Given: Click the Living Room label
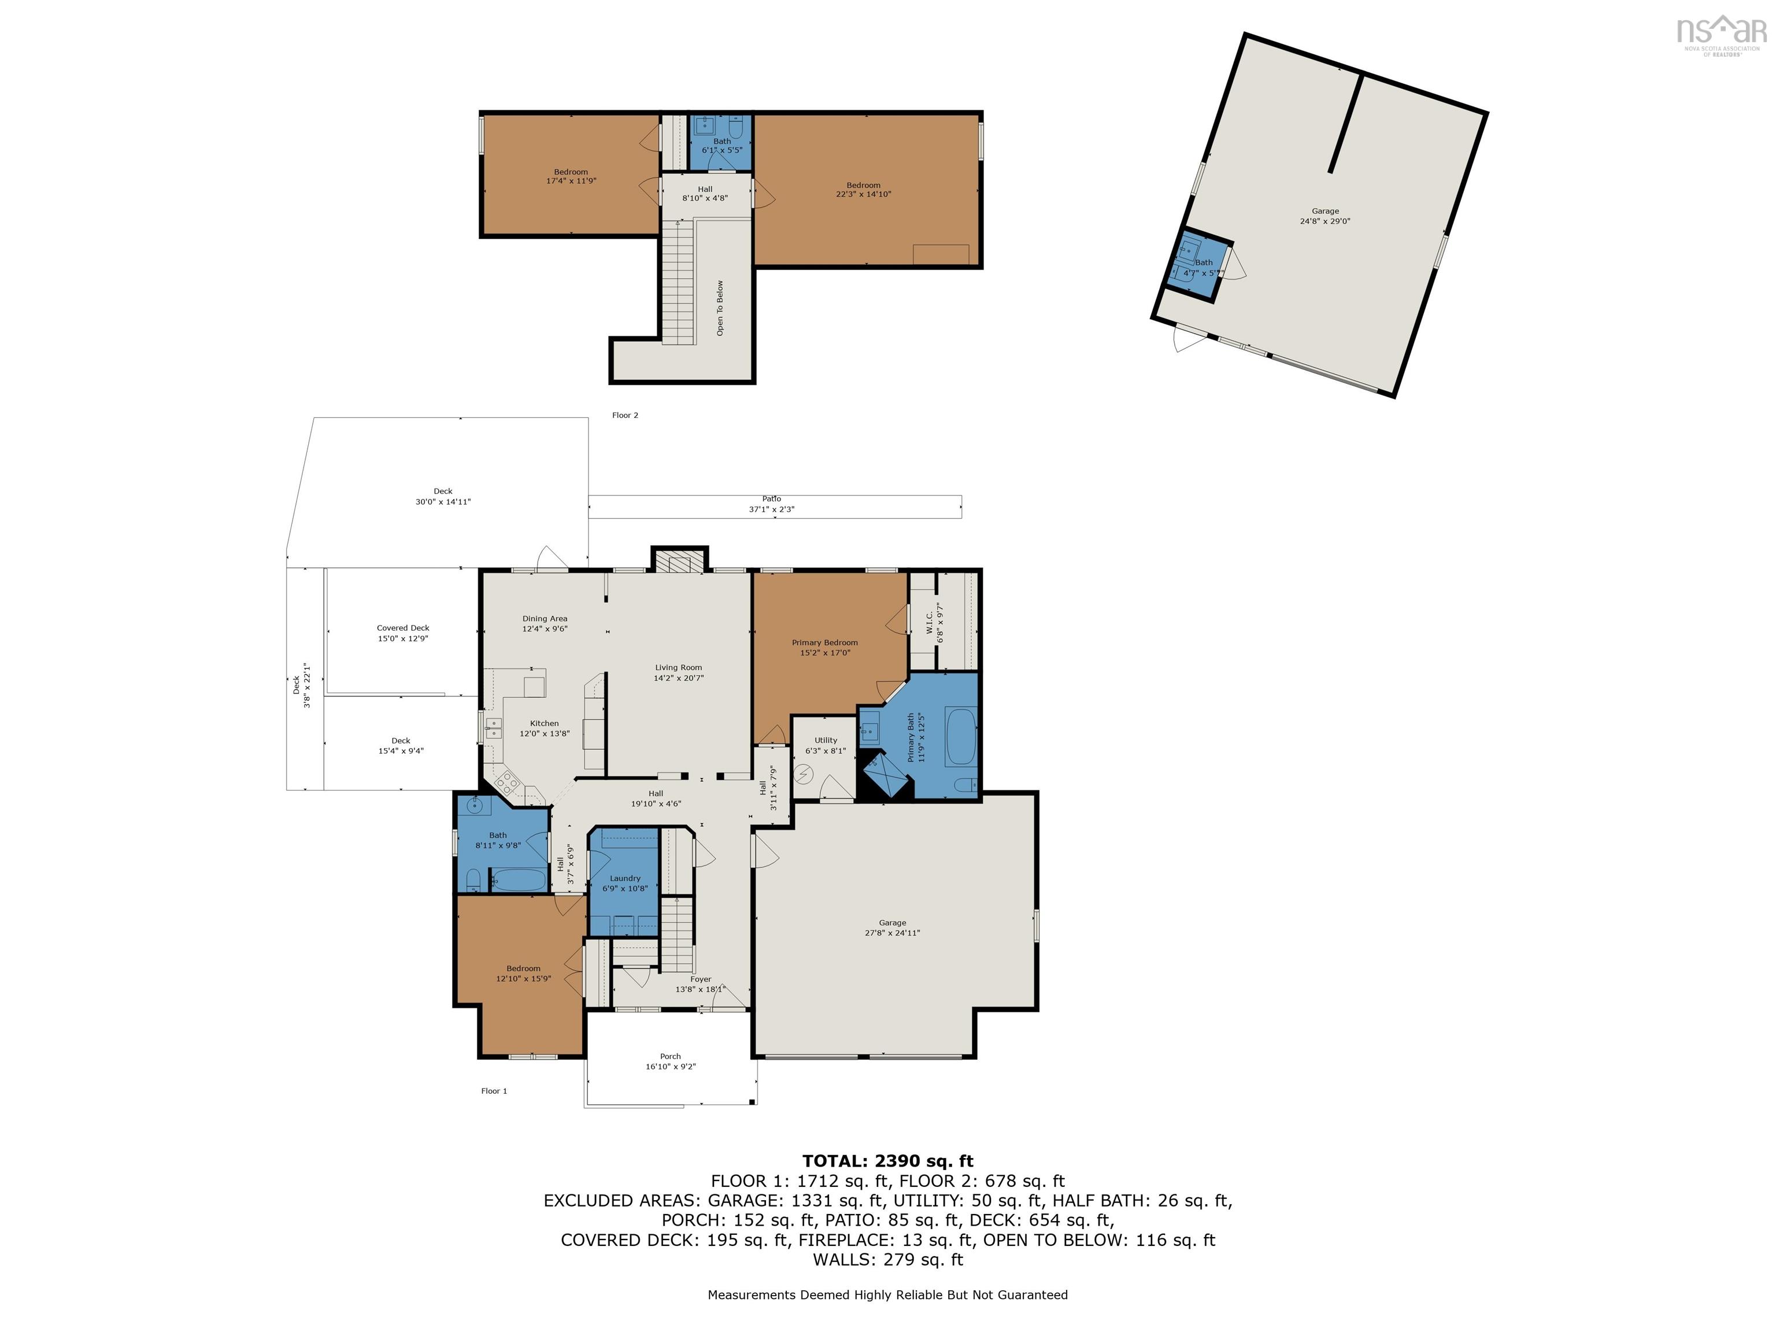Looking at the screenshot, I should [x=679, y=667].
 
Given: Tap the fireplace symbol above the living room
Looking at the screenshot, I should [x=679, y=560].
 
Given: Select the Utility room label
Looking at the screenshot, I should [x=826, y=740].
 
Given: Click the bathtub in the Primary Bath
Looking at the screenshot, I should [x=961, y=737].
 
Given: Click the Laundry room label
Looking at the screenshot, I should [x=624, y=878].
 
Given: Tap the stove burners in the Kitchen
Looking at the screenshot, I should [x=506, y=780].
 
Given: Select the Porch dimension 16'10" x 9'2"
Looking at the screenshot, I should [x=671, y=1066].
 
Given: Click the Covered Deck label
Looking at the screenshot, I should [x=403, y=628].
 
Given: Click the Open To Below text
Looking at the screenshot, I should [x=720, y=308].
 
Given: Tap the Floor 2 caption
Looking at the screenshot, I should [x=624, y=415].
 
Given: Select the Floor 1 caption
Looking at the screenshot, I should [x=494, y=1090].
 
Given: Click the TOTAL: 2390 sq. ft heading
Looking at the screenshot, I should [x=887, y=1161].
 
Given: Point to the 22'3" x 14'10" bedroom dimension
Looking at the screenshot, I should [x=863, y=194].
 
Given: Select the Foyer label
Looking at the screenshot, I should [x=700, y=979].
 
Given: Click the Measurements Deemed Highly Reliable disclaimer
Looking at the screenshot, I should [x=887, y=1294].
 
